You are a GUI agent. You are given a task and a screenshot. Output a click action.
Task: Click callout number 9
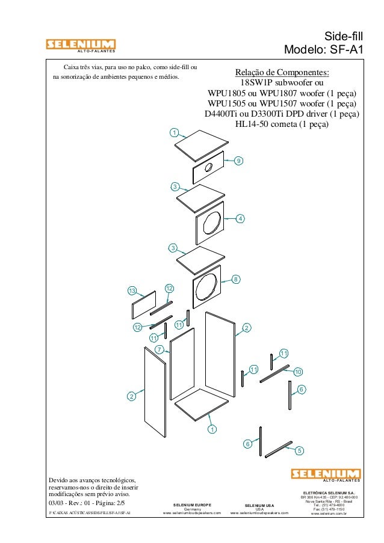coord(238,161)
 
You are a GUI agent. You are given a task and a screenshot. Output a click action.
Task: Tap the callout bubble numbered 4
coord(240,218)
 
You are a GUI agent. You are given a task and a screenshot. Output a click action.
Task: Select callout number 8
coord(236,279)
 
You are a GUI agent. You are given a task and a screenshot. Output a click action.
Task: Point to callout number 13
coord(132,291)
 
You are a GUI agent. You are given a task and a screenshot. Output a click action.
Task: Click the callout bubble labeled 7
coord(159,349)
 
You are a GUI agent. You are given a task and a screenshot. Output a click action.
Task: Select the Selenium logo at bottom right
coord(326,475)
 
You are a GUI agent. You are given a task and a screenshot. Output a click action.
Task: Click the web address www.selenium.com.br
coord(327,515)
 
